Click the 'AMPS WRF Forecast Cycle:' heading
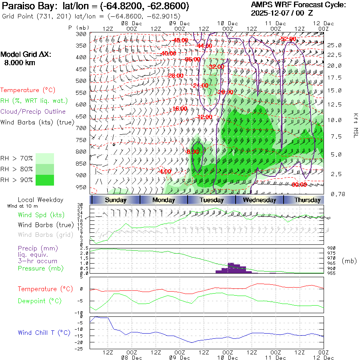point(298,5)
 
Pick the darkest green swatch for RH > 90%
point(44,180)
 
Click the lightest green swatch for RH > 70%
point(44,158)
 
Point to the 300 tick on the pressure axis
point(81,34)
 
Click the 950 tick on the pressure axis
point(81,187)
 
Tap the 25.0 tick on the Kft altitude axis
point(335,45)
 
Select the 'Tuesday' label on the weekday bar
point(212,200)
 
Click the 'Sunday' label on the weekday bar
point(116,200)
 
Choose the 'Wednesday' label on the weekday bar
point(259,200)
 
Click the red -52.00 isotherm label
point(288,39)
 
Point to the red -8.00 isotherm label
point(192,152)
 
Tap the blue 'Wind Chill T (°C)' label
point(44,332)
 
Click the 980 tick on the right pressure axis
point(332,248)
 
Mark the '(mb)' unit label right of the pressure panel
point(349,261)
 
